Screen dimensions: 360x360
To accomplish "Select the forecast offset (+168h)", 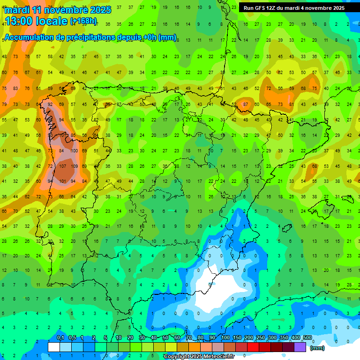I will tap(83, 21).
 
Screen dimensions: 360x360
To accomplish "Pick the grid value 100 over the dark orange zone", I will tap(75, 151).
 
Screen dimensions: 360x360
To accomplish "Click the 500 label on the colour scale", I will tap(307, 338).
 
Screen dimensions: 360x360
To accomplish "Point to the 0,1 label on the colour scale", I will tap(60, 338).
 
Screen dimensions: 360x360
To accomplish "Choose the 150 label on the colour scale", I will tap(237, 338).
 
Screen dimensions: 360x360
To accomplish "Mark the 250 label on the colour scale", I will tap(261, 338).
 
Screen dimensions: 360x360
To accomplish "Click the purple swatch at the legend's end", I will tap(300, 347).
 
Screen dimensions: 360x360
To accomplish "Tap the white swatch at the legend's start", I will tap(54, 347).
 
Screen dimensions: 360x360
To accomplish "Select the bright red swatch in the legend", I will tap(253, 347).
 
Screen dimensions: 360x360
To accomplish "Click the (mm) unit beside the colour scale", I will tap(317, 348).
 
